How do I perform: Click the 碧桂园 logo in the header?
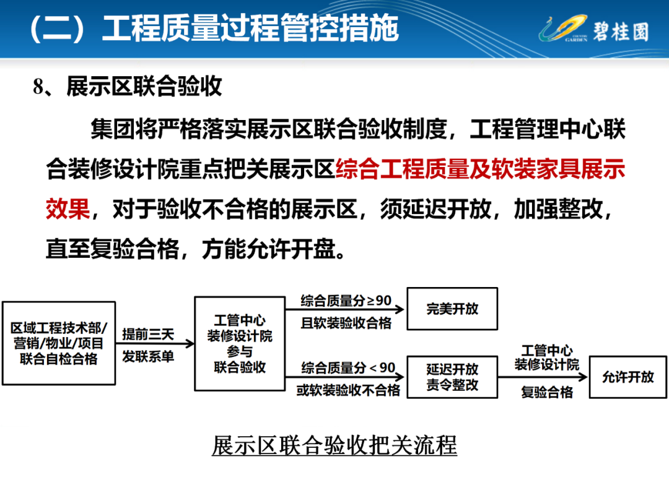click(594, 30)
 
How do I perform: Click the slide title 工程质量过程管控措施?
click(250, 28)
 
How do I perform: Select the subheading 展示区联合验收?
click(144, 87)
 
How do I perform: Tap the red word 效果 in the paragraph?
click(68, 209)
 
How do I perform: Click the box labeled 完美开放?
click(452, 309)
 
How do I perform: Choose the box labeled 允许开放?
click(627, 377)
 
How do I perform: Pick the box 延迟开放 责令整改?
click(452, 377)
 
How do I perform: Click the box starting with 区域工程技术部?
click(59, 343)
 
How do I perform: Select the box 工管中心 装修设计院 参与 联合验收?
click(240, 344)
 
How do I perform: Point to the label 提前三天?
click(148, 334)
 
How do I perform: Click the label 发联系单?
click(148, 356)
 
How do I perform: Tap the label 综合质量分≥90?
click(346, 301)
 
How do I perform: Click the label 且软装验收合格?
click(346, 323)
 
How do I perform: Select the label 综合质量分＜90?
click(348, 367)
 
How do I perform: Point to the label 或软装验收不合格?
click(348, 390)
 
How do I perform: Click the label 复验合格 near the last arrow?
click(547, 392)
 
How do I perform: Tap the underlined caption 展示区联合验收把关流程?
click(334, 445)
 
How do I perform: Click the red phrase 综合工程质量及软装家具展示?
click(481, 169)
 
